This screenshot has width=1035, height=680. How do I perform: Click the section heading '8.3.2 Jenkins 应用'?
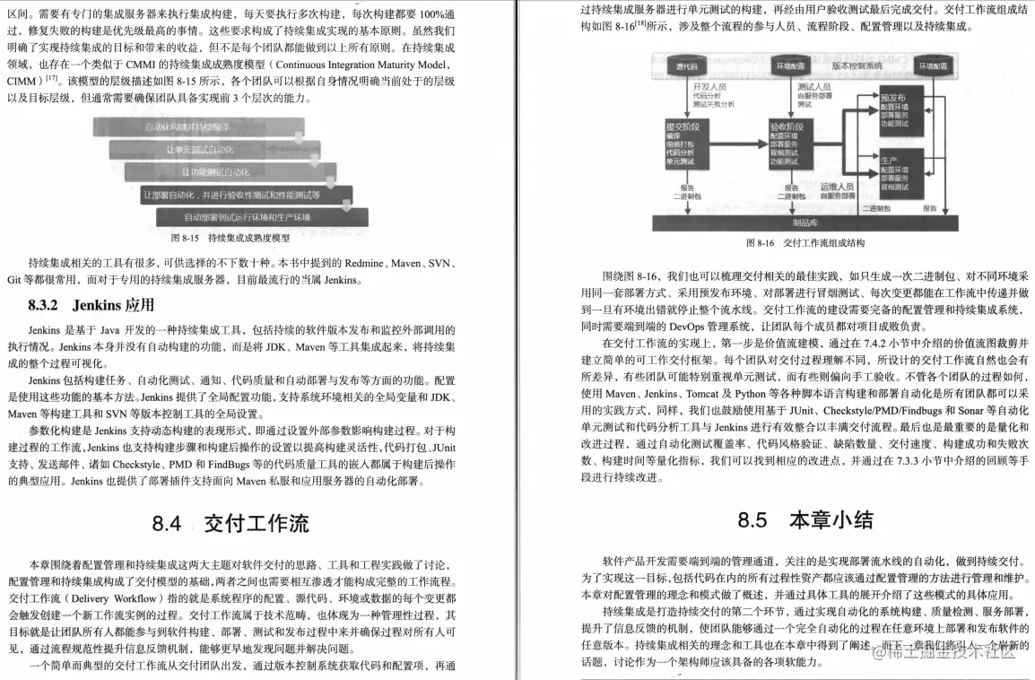pyautogui.click(x=91, y=305)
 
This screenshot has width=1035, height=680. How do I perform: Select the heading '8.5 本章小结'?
pyautogui.click(x=805, y=519)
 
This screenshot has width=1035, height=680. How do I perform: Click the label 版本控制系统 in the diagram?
pyautogui.click(x=857, y=66)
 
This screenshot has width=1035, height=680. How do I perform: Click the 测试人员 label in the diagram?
pyautogui.click(x=812, y=86)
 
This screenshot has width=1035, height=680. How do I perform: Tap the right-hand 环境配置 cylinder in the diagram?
pyautogui.click(x=931, y=67)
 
